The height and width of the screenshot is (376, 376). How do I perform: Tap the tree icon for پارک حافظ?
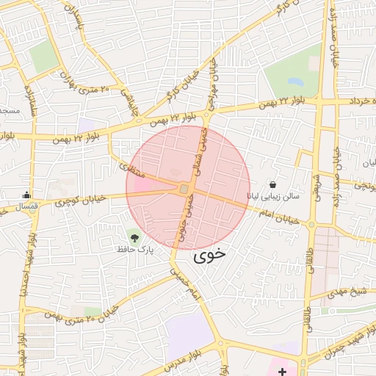pos(134,236)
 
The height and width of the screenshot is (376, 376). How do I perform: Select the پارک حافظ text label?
pos(134,250)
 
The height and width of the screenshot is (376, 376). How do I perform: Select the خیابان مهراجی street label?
pos(216,79)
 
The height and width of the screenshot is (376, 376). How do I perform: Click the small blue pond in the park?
pos(296,81)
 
